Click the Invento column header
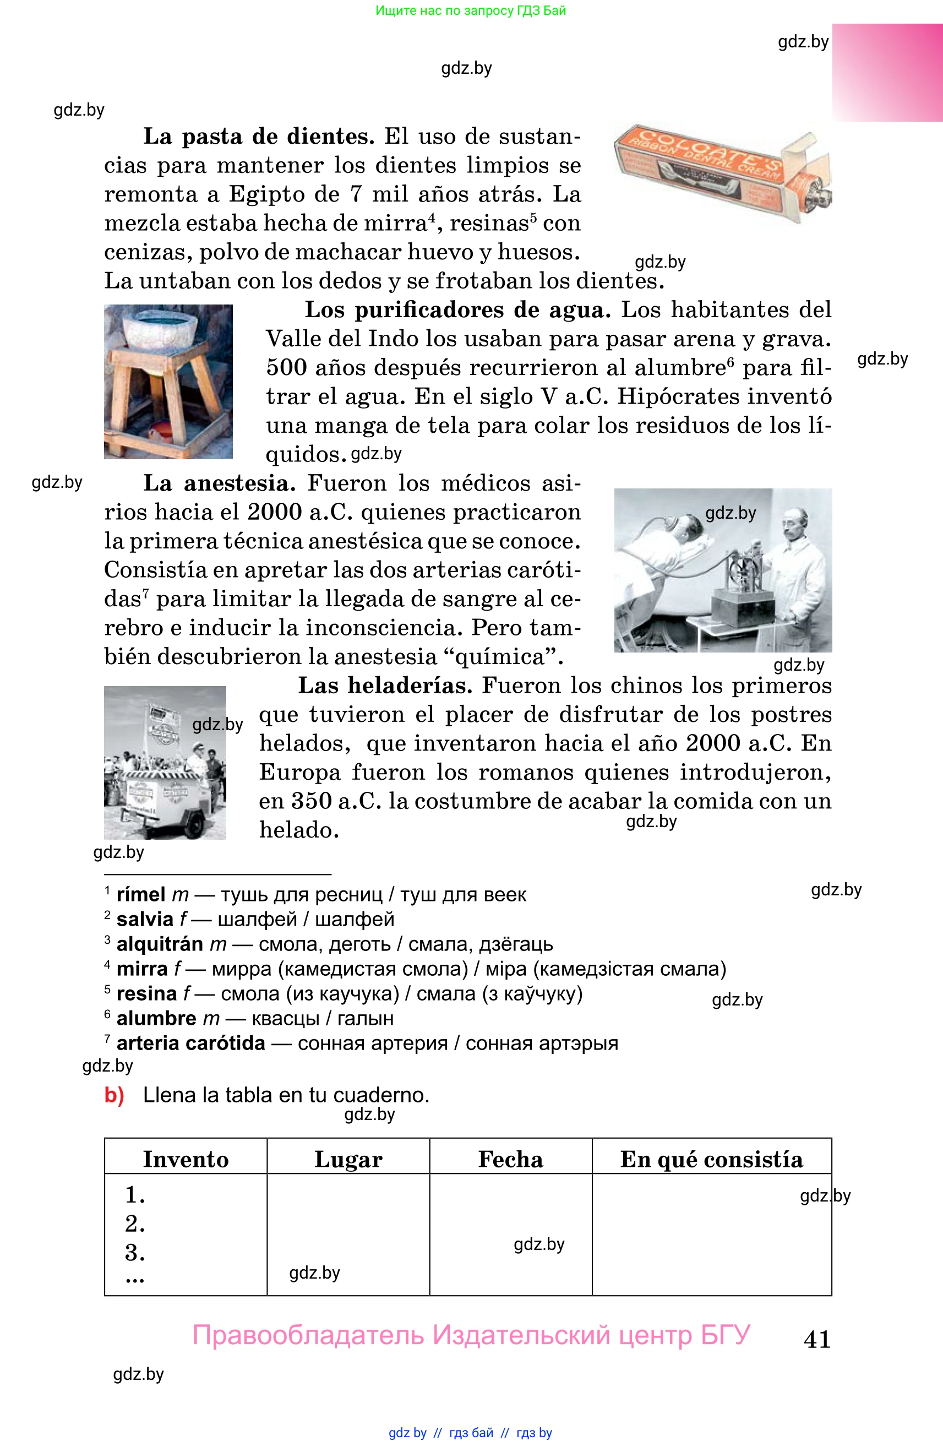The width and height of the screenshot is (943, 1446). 186,1159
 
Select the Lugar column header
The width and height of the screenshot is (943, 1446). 348,1159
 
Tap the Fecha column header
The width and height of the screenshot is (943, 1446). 510,1159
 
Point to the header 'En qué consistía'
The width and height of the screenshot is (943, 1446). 711,1159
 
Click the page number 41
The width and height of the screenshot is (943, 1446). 817,1339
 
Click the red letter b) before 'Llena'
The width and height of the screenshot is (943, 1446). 114,1095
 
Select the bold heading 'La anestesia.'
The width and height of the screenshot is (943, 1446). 219,483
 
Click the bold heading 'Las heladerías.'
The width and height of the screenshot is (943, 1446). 385,686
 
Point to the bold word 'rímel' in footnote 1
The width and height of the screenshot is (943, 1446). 141,894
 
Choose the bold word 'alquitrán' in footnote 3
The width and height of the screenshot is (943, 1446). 160,944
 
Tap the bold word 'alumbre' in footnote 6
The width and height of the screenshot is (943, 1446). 156,1018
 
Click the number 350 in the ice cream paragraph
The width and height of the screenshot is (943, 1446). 311,801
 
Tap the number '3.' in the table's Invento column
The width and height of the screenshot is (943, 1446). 135,1253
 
